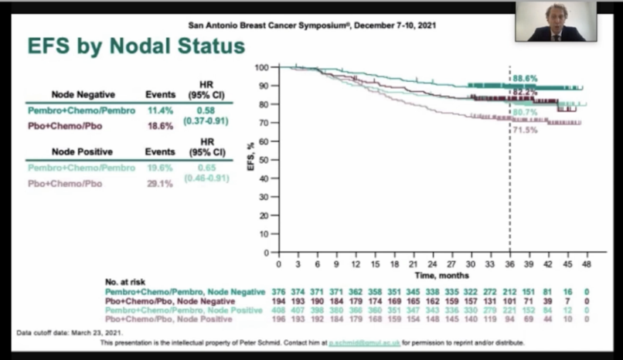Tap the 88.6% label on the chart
524,78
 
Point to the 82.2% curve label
524,93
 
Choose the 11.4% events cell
160,110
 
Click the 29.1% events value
160,184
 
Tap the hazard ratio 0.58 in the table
206,110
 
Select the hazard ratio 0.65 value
206,167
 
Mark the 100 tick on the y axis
263,67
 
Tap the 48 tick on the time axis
587,263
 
